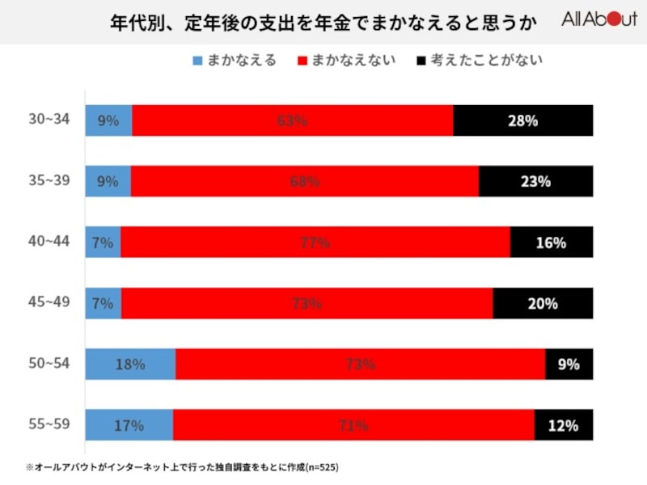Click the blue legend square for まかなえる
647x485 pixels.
[197, 60]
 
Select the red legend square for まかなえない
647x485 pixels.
[304, 60]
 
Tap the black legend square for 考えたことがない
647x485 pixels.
[421, 60]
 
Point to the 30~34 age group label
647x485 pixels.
[49, 120]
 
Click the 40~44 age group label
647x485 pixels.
[49, 241]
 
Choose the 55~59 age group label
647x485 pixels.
[49, 424]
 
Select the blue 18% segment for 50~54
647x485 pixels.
[130, 364]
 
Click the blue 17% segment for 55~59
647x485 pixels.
[129, 424]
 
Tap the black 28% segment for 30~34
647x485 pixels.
[523, 120]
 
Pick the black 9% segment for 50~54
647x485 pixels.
[569, 364]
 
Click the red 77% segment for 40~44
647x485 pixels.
[315, 242]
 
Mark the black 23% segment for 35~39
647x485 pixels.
[535, 181]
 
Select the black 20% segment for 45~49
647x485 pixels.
[543, 303]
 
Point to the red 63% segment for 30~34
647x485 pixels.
[293, 120]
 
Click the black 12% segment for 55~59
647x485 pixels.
[564, 424]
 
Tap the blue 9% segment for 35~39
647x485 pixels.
[108, 181]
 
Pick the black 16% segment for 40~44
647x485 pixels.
[552, 242]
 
